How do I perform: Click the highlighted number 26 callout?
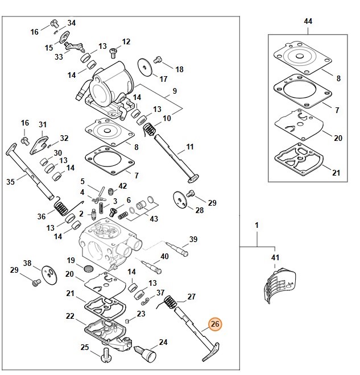[215, 324]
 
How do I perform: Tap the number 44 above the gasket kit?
[308, 21]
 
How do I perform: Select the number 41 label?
[276, 259]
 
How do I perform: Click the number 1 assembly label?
[256, 226]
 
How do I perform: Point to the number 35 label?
[10, 182]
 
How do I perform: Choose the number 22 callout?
[70, 316]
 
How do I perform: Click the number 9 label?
[175, 91]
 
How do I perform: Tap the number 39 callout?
[193, 239]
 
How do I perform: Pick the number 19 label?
[71, 260]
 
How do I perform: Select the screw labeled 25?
[104, 356]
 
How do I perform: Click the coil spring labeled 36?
[60, 208]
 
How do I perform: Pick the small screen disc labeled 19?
[88, 268]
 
